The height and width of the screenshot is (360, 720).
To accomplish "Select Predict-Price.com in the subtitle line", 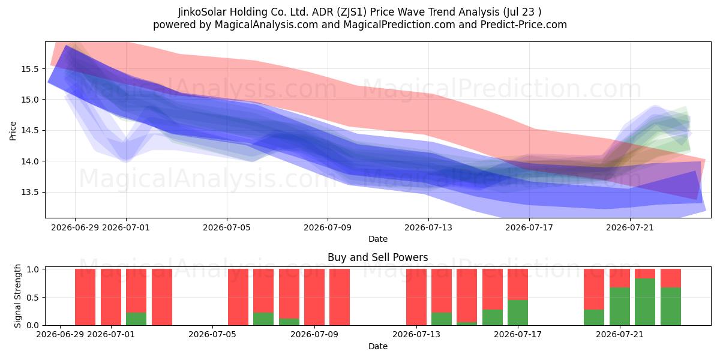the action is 524,25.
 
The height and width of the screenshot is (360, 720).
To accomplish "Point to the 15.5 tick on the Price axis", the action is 29,69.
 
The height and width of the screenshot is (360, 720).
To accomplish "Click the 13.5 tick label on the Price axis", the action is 29,192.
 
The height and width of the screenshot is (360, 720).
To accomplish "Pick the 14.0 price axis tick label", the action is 29,161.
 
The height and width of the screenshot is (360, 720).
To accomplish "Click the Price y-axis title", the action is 13,131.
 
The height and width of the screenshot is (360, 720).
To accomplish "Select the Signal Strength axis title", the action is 17,296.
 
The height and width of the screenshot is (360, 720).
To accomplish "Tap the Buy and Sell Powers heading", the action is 377,257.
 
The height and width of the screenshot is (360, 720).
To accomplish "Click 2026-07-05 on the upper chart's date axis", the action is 227,227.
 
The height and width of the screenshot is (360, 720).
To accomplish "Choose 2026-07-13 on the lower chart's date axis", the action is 416,334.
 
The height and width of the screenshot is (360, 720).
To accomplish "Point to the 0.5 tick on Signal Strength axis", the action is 33,298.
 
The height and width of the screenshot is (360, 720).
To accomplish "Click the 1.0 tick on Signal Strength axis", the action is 33,269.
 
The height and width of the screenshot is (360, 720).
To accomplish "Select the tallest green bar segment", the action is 645,302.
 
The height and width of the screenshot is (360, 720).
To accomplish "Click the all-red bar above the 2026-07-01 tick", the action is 111,297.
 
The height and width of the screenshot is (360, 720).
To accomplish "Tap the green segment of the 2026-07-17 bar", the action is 517,313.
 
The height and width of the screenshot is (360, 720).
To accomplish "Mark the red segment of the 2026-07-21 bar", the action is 620,278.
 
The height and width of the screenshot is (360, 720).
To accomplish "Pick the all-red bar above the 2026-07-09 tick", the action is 314,297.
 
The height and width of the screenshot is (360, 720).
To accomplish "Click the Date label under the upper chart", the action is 377,239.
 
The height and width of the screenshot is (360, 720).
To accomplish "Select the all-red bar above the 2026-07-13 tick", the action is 416,297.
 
